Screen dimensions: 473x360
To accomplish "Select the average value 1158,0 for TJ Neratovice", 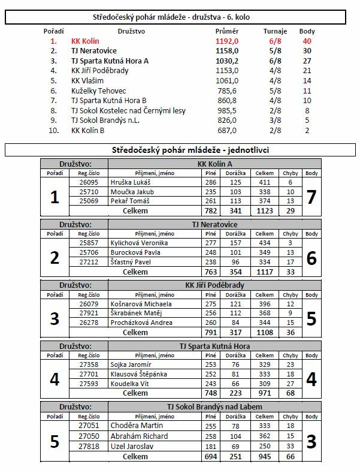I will tap(227, 51).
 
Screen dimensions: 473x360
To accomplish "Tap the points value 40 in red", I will tap(307, 41).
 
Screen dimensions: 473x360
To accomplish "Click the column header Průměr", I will tap(226, 31).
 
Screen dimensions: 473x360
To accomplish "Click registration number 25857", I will tap(88, 243).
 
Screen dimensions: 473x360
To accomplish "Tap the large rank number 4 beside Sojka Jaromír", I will tap(55, 379).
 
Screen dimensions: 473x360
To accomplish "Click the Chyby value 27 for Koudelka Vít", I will tap(290, 384).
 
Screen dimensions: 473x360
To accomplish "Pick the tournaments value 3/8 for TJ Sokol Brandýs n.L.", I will tap(276, 120).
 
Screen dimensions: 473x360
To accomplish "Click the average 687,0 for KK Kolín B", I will tap(227, 130).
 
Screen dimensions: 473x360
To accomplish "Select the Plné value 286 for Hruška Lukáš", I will tap(210, 182).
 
